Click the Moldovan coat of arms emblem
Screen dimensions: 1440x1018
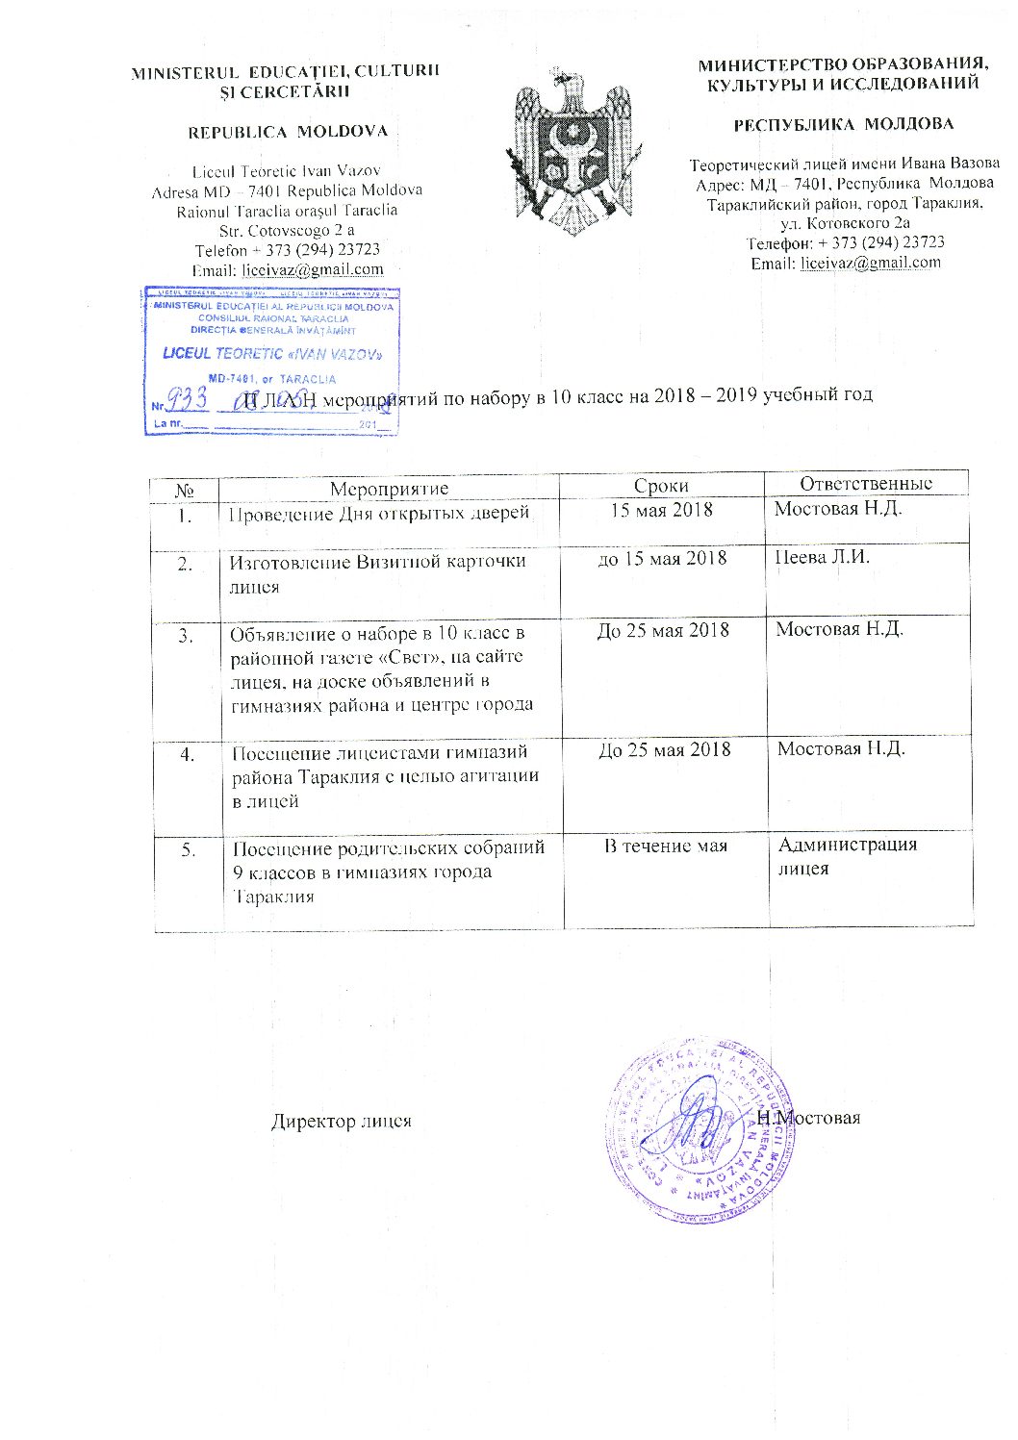564,149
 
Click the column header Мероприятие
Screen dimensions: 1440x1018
389,489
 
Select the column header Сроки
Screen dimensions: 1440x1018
661,487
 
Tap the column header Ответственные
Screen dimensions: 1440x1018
866,483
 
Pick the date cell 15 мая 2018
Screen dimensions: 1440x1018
662,510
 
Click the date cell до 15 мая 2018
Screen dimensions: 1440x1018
662,559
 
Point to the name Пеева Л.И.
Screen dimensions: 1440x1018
822,558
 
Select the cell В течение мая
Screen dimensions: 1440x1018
665,846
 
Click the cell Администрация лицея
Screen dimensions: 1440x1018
847,856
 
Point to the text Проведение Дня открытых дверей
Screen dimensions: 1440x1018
379,513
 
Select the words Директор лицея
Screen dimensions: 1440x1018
341,1122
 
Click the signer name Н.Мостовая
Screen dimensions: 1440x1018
808,1118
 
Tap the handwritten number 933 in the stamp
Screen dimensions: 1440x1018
189,397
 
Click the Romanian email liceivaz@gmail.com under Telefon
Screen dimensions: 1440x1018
312,270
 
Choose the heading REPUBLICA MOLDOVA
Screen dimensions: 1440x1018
288,132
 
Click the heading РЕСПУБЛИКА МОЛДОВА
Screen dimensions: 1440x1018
844,124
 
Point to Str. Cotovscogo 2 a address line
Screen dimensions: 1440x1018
287,231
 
